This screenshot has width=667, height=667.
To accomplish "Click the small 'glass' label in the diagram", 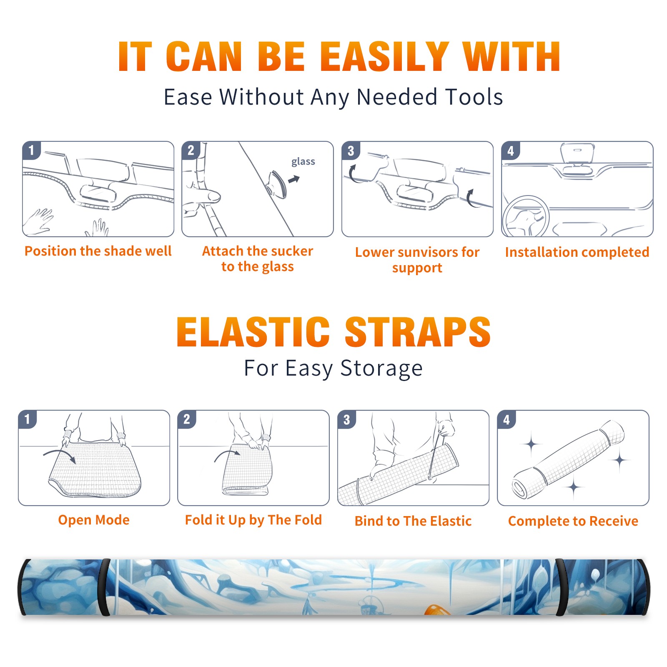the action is [303, 162].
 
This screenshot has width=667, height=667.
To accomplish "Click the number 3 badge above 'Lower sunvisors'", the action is [351, 151].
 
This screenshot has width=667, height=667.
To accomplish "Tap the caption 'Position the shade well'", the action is [98, 251].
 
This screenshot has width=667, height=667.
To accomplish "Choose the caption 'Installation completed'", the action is [577, 252].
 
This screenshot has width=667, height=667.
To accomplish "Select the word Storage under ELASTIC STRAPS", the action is [381, 369].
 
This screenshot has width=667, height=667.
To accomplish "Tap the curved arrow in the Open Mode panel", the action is [60, 455].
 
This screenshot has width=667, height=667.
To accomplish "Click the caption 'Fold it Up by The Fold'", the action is [253, 520].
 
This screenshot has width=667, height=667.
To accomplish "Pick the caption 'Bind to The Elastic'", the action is [413, 521].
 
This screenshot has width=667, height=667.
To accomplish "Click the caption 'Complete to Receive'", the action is [573, 521].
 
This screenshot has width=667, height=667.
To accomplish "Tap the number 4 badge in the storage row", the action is [507, 419].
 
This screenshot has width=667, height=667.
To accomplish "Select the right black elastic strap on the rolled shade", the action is [562, 587].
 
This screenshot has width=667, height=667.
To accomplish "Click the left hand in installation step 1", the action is [38, 221].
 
